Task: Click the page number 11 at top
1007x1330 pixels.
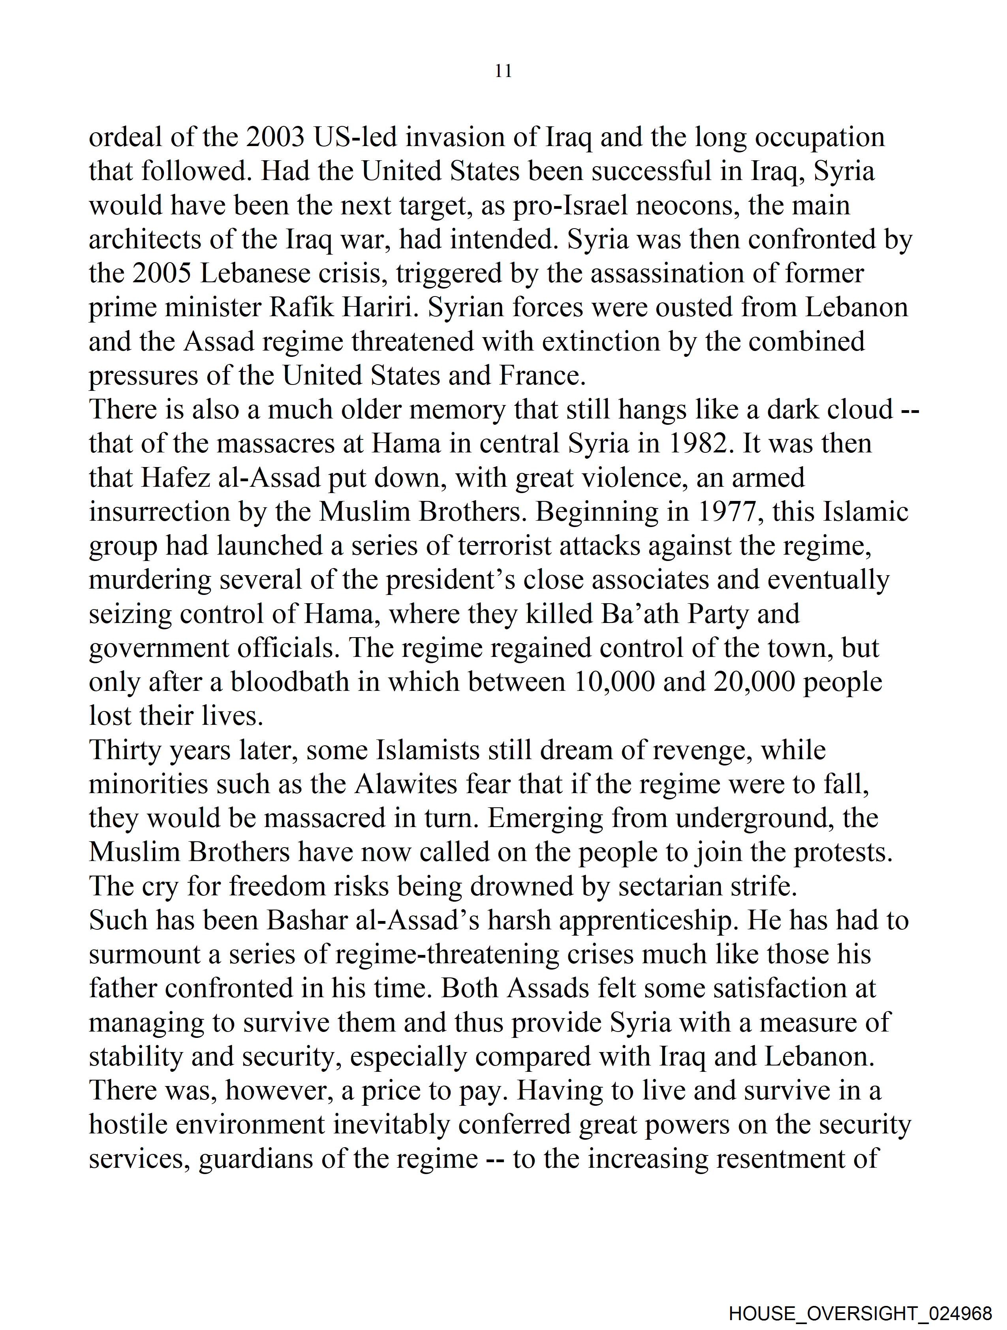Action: (503, 71)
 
